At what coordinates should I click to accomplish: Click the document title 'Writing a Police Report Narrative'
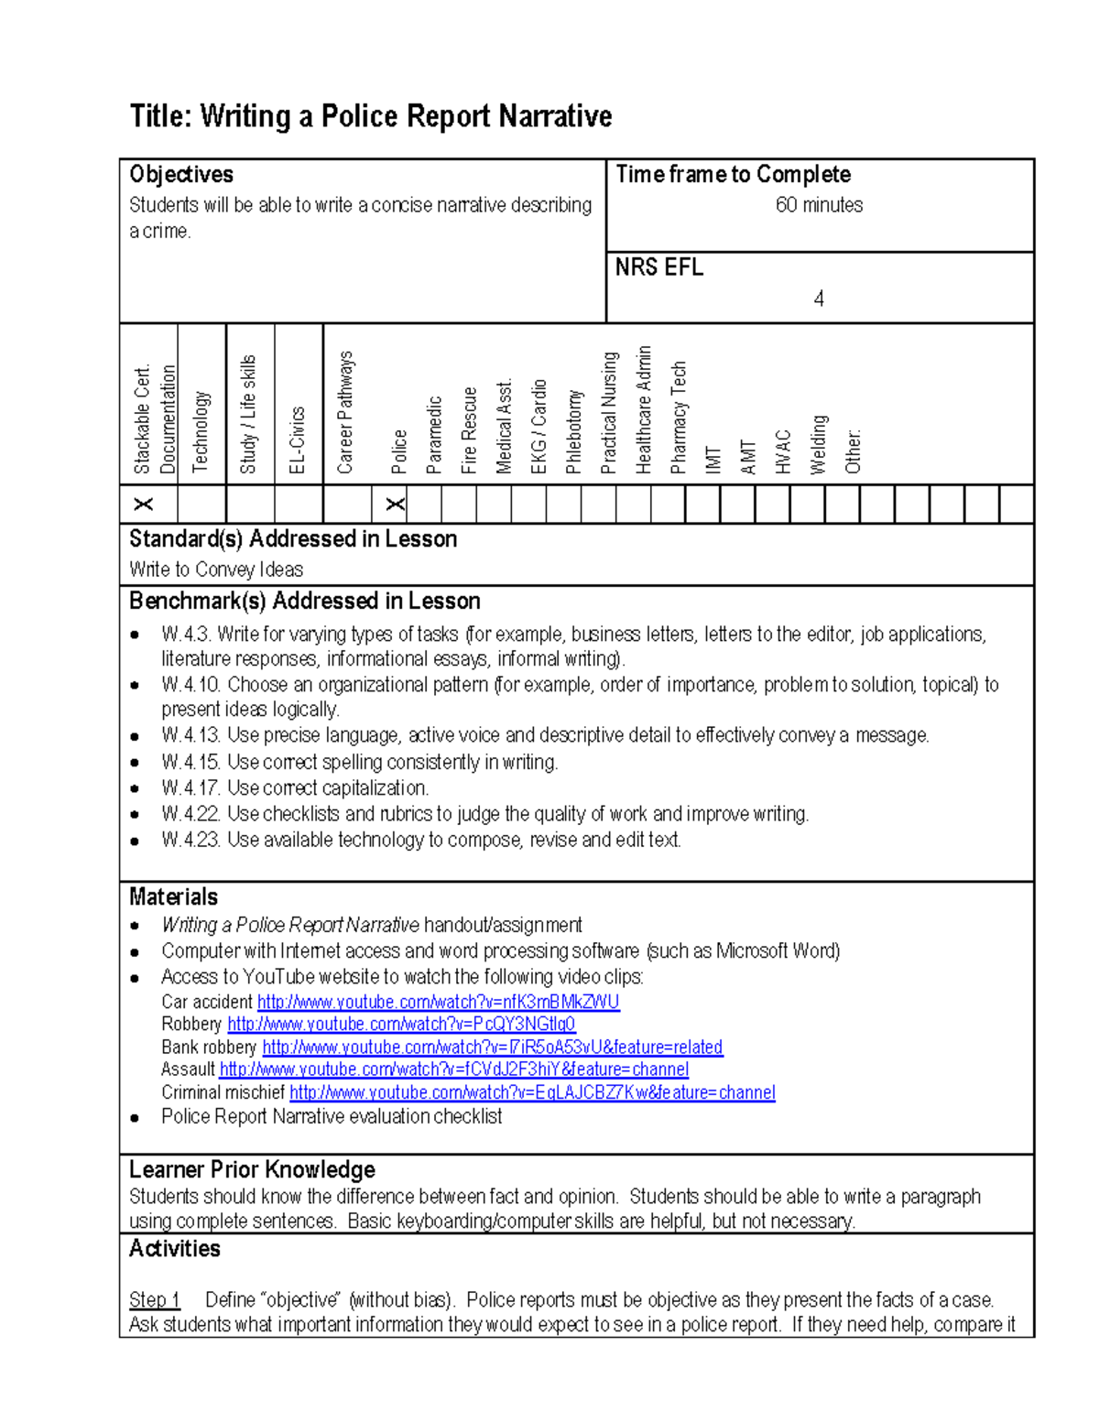coord(370,116)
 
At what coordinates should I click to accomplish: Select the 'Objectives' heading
coord(181,174)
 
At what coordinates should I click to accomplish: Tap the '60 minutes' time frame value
coord(819,205)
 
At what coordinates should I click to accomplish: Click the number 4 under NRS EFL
coord(819,299)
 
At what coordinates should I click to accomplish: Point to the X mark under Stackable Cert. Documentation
coord(144,505)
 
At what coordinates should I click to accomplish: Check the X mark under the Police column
coord(395,505)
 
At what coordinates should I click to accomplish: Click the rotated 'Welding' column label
coord(819,444)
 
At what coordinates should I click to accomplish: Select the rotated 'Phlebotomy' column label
coord(574,431)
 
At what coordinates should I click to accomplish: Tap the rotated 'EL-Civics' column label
coord(297,440)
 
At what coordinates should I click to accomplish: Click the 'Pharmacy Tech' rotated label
coord(679,418)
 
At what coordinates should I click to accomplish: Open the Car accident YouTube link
coord(438,1002)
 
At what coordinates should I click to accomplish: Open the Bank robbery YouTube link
coord(492,1047)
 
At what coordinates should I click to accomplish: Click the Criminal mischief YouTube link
coord(532,1092)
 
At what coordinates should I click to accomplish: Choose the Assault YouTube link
coord(453,1069)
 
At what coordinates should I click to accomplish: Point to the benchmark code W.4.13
coord(190,735)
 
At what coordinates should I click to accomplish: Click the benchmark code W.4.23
coord(190,840)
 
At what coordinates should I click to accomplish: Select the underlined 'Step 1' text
coord(154,1299)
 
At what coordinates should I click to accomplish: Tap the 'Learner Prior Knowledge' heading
coord(252,1169)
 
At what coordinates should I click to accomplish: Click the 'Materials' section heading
coord(173,896)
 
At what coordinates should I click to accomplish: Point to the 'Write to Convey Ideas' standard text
coord(216,570)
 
